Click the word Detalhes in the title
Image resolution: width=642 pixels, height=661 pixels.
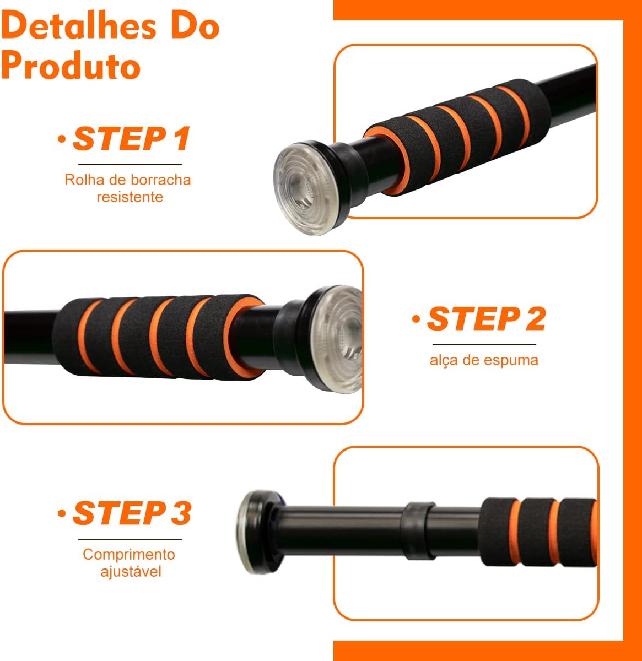pyautogui.click(x=78, y=25)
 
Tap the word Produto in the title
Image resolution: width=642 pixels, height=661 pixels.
pyautogui.click(x=71, y=64)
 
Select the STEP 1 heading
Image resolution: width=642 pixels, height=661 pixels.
pyautogui.click(x=131, y=138)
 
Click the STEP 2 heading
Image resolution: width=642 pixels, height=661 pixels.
pyautogui.click(x=487, y=318)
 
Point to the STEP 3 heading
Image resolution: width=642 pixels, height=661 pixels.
pyautogui.click(x=132, y=513)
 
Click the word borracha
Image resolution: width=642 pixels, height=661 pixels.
pyautogui.click(x=161, y=180)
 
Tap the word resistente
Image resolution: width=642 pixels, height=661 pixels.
pyautogui.click(x=130, y=197)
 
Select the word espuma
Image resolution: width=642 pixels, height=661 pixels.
pyautogui.click(x=511, y=361)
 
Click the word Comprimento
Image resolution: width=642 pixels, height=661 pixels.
pyautogui.click(x=129, y=554)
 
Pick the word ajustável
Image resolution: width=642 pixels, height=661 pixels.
pyautogui.click(x=131, y=571)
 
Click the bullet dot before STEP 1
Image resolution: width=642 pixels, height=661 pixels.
pyautogui.click(x=62, y=139)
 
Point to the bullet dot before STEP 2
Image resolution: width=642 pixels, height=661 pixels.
pyautogui.click(x=416, y=318)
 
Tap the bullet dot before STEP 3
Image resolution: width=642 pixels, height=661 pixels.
pyautogui.click(x=62, y=513)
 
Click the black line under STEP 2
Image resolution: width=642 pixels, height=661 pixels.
pyautogui.click(x=484, y=345)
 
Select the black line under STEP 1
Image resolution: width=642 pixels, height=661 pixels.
pyautogui.click(x=130, y=164)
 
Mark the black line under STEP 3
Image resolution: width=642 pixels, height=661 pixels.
pyautogui.click(x=130, y=539)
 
